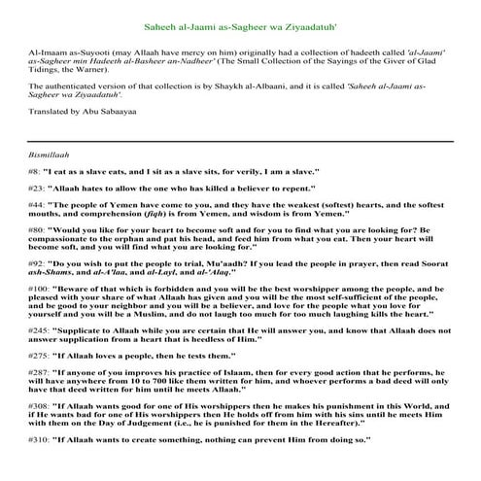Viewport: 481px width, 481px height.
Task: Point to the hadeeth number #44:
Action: (x=40, y=205)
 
